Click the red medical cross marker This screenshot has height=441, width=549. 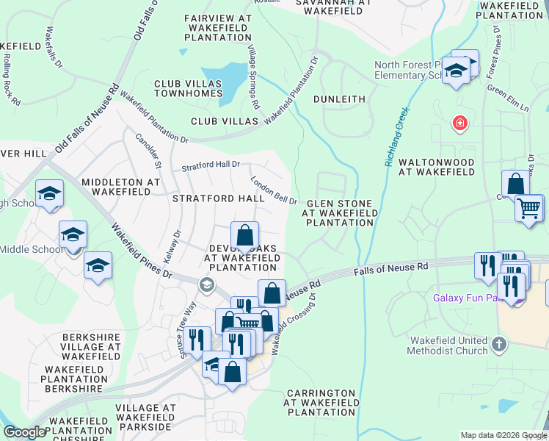pyautogui.click(x=460, y=123)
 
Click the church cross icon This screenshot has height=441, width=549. pyautogui.click(x=498, y=344)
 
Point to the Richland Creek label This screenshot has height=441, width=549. pyautogui.click(x=396, y=137)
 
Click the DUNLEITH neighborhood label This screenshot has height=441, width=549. pyautogui.click(x=339, y=98)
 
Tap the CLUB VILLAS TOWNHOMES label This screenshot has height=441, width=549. pyautogui.click(x=188, y=88)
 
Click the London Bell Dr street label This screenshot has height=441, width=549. pyautogui.click(x=273, y=190)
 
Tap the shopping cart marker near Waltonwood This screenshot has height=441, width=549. pyautogui.click(x=528, y=207)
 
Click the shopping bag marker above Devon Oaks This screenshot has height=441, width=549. pyautogui.click(x=245, y=235)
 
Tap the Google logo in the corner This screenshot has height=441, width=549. pyautogui.click(x=24, y=432)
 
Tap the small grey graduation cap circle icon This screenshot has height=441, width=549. pyautogui.click(x=207, y=285)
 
